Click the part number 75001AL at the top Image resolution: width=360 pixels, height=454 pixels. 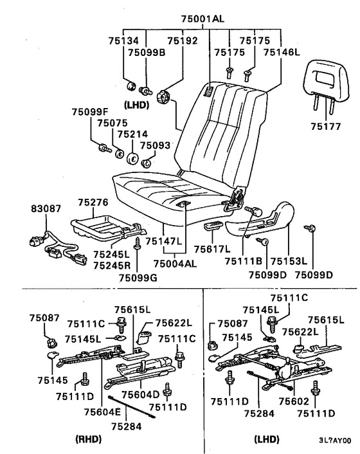[203, 19]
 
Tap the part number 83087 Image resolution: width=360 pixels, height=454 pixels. [46, 208]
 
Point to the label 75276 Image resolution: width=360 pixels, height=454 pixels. [93, 202]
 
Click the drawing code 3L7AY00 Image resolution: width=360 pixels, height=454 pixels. [335, 440]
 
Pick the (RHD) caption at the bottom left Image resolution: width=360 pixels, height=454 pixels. [88, 439]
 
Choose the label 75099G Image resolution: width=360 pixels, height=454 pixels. [138, 278]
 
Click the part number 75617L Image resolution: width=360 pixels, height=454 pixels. [212, 249]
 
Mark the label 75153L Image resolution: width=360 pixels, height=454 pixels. [289, 261]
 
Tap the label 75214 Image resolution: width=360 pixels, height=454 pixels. [132, 134]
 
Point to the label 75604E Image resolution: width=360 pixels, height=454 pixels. [102, 412]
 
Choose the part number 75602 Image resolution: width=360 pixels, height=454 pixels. [294, 401]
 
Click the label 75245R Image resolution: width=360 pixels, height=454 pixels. [112, 266]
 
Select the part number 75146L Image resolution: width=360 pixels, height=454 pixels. [282, 52]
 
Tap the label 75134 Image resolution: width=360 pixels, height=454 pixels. [123, 41]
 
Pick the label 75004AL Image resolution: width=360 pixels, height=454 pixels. [175, 264]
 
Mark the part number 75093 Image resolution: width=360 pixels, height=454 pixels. [156, 145]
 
